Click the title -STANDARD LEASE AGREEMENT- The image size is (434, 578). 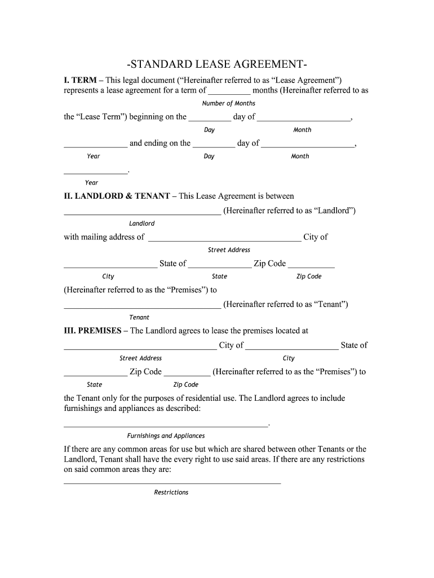click(x=217, y=63)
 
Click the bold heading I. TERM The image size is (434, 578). click(x=80, y=80)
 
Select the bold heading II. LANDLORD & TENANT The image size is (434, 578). click(x=117, y=196)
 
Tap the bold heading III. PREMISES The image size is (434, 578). click(x=92, y=331)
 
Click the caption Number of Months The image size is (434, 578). click(x=228, y=103)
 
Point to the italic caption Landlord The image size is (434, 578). click(x=141, y=224)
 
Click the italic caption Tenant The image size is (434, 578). click(x=139, y=317)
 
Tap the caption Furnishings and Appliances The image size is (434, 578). click(x=166, y=436)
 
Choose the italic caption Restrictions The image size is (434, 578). click(x=171, y=492)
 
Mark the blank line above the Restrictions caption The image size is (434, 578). click(x=172, y=483)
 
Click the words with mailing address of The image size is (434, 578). click(x=104, y=237)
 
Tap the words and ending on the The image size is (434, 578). click(x=160, y=143)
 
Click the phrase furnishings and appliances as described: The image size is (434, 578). click(x=132, y=408)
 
